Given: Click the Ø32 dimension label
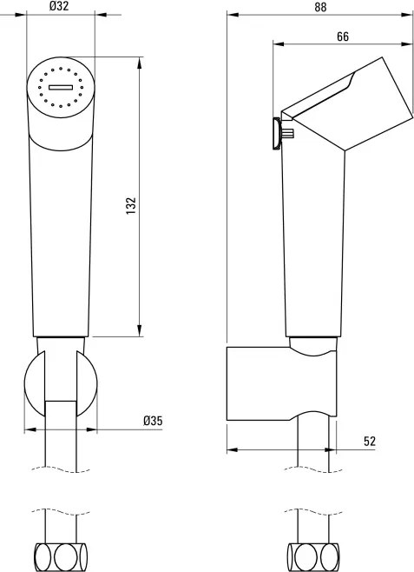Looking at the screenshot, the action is (x=59, y=6).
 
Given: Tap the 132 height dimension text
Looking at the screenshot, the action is (x=131, y=206).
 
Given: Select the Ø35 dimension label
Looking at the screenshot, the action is (x=153, y=421).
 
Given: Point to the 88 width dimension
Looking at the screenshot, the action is (x=320, y=7).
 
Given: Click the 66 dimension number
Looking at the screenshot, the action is (x=343, y=37).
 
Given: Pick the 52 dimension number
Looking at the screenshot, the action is (x=370, y=442).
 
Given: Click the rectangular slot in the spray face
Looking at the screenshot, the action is (x=61, y=87).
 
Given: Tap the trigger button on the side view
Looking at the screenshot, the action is (x=277, y=134).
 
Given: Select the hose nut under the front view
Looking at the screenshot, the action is (x=61, y=557).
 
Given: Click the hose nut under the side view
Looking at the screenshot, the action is (x=313, y=557).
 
